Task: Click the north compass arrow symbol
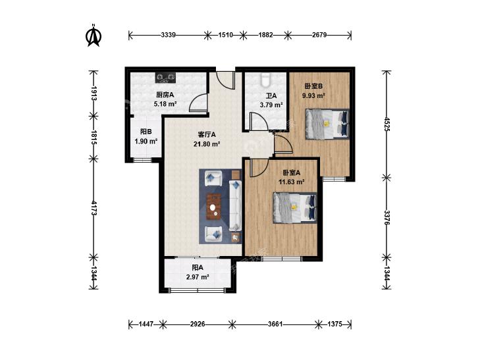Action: [93, 36]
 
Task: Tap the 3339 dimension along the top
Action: [169, 35]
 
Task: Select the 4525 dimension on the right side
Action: [387, 124]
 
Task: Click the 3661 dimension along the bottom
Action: [275, 324]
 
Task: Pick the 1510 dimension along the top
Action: [226, 35]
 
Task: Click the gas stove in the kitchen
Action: [166, 78]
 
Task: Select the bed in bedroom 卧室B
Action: [327, 124]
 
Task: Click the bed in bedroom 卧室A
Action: [295, 208]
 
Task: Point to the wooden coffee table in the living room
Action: [214, 207]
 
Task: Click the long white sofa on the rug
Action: [235, 205]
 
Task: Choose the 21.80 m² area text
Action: [207, 143]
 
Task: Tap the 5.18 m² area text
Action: [165, 104]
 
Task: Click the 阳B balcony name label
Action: [146, 132]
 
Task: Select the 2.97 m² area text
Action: [198, 277]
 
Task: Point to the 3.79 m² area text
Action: [271, 105]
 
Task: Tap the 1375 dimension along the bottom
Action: [334, 324]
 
